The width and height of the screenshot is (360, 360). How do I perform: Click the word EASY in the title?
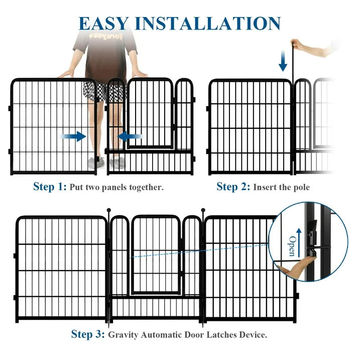pyautogui.click(x=104, y=24)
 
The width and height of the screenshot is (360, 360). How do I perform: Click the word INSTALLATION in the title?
pyautogui.click(x=208, y=24)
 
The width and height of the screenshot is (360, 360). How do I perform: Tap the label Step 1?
pyautogui.click(x=50, y=187)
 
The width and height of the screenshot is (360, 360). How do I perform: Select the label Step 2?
pyautogui.click(x=233, y=187)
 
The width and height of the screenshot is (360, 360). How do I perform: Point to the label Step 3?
pyautogui.click(x=88, y=334)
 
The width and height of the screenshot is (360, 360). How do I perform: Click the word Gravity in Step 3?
pyautogui.click(x=123, y=335)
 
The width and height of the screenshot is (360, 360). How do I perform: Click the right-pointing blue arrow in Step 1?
pyautogui.click(x=73, y=137)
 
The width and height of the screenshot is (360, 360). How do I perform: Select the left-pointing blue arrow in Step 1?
pyautogui.click(x=130, y=137)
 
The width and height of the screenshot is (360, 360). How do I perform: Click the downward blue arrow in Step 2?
pyautogui.click(x=283, y=61)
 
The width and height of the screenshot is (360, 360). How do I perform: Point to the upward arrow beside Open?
pyautogui.click(x=299, y=243)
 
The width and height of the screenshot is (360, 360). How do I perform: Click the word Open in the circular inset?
pyautogui.click(x=292, y=246)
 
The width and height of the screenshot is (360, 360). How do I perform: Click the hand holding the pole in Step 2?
pyautogui.click(x=297, y=44)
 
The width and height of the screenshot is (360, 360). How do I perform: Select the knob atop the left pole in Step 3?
pyautogui.click(x=109, y=210)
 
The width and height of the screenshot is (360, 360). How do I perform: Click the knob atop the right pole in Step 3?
pyautogui.click(x=203, y=210)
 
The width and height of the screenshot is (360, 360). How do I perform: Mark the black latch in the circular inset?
pyautogui.click(x=312, y=239)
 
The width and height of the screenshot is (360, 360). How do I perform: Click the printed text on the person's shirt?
pyautogui.click(x=106, y=36)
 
